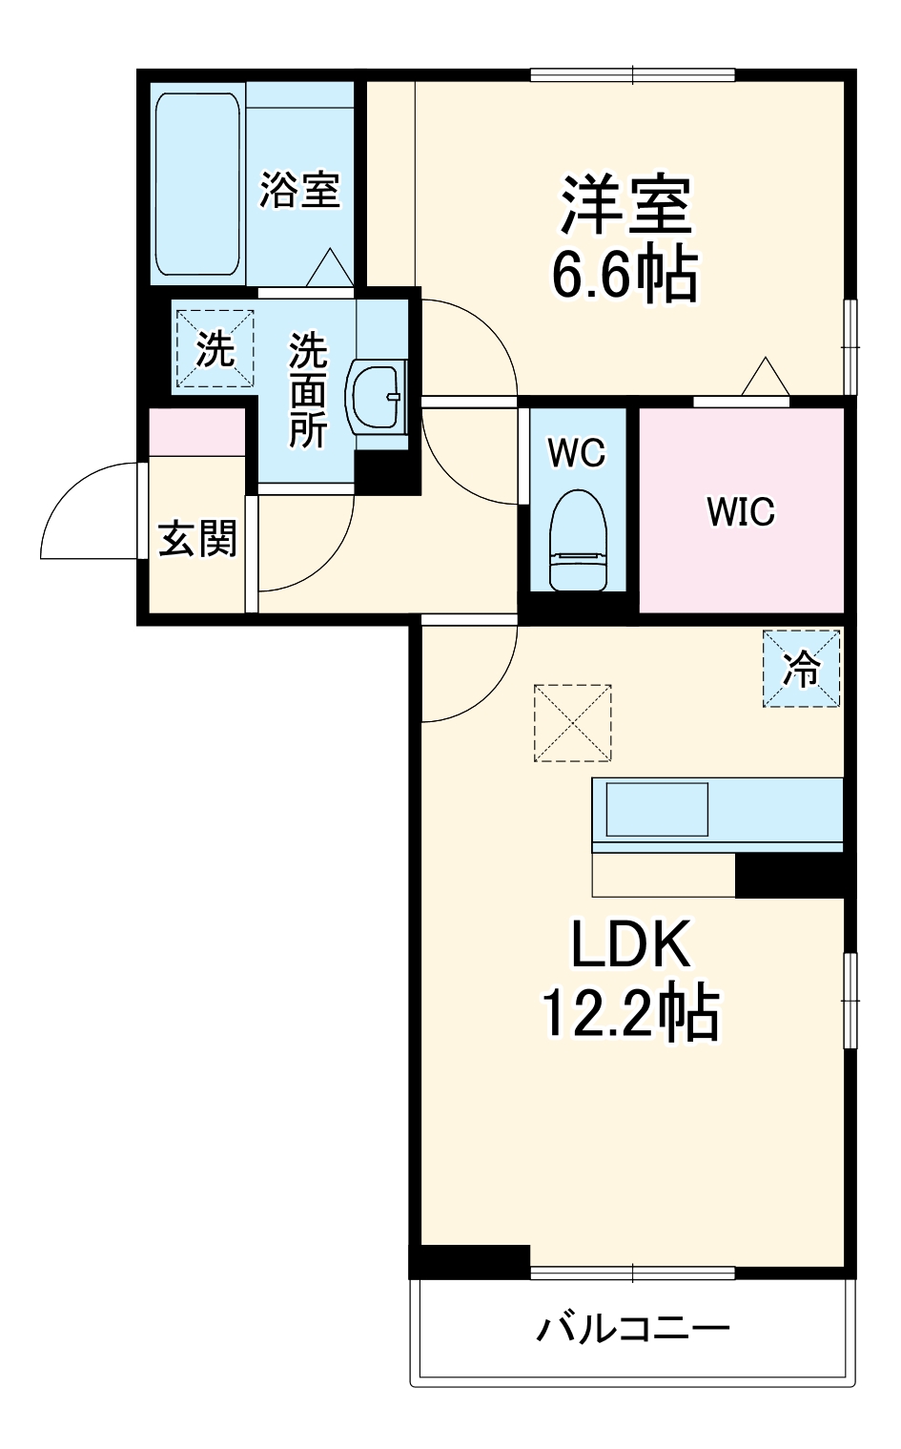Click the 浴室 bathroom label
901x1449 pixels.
299,190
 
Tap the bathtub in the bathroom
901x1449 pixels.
197,184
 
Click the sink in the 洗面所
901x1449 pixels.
379,396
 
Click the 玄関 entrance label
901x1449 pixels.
197,540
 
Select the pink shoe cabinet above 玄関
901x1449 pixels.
196,431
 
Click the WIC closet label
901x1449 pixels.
741,512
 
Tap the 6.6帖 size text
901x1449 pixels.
625,275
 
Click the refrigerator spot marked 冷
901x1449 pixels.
801,669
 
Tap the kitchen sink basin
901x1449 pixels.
657,809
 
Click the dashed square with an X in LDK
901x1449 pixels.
572,722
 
